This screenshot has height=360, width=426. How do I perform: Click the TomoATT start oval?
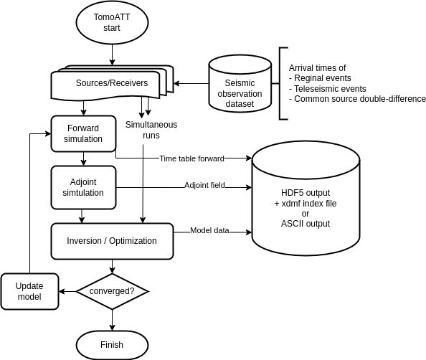tap(112, 22)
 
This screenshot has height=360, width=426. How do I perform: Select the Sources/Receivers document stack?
tap(111, 83)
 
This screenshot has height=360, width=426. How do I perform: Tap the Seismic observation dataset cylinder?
tap(240, 85)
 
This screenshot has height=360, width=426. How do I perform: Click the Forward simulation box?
tap(83, 133)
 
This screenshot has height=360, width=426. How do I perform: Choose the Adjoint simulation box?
tap(83, 187)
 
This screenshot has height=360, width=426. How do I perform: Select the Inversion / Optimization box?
tap(112, 241)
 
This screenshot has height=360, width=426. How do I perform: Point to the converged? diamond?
tap(112, 291)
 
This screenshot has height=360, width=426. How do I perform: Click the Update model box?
tap(29, 291)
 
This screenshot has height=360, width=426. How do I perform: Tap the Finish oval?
tap(112, 345)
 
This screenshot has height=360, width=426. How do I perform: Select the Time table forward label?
tap(191, 158)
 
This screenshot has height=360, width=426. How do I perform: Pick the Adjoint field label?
tap(204, 185)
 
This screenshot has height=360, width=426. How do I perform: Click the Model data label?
tap(209, 230)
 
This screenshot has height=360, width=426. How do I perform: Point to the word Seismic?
tap(240, 83)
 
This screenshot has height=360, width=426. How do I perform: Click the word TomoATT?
tap(112, 16)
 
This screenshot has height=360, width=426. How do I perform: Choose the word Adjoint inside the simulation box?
tap(83, 181)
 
